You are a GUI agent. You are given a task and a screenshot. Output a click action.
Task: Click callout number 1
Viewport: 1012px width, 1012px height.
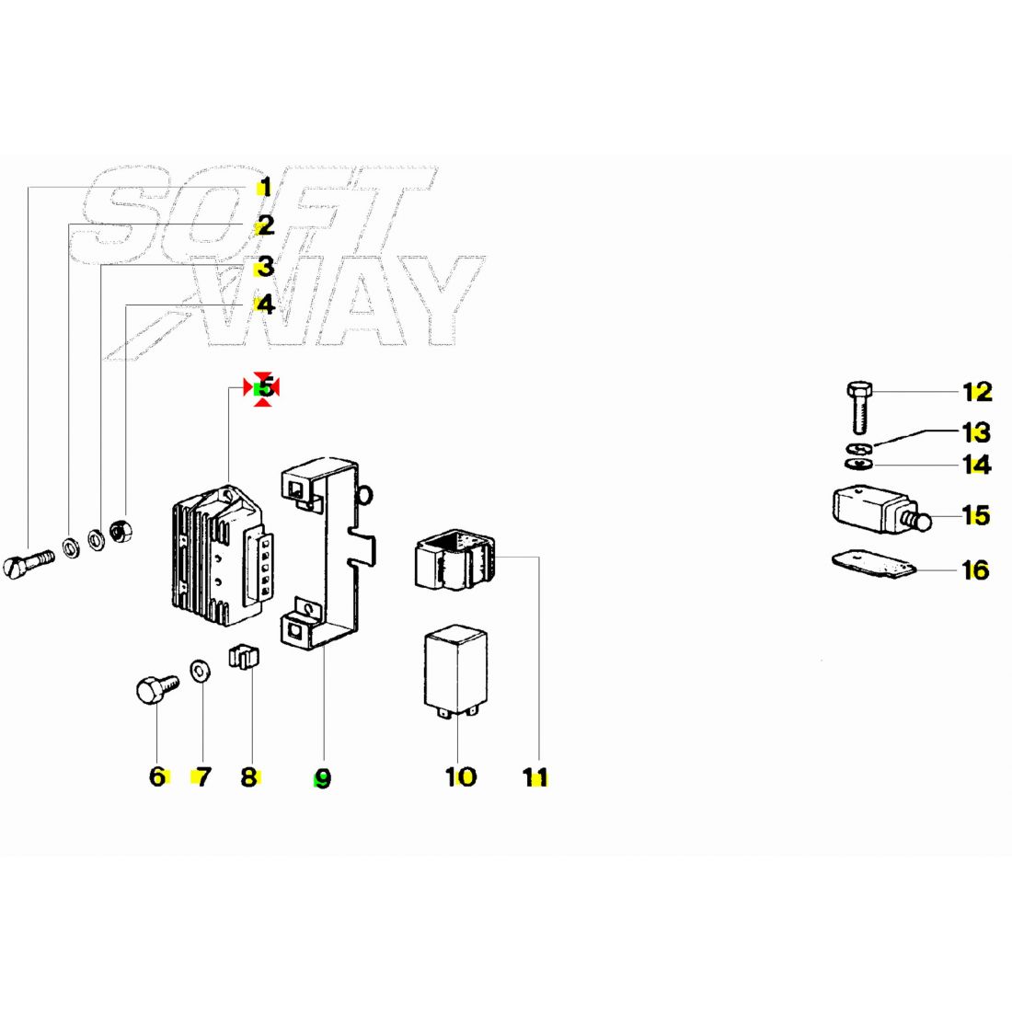(x=265, y=189)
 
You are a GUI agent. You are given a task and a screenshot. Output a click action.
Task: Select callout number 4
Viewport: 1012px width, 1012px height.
(x=265, y=305)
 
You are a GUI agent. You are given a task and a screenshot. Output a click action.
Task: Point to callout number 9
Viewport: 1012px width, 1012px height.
(x=322, y=778)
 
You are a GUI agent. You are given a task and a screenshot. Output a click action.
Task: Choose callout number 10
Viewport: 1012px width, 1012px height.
(x=461, y=776)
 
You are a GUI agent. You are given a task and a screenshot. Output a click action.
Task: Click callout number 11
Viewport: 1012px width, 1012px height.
(x=535, y=777)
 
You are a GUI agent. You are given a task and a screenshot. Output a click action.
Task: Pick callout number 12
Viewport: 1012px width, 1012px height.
(x=977, y=392)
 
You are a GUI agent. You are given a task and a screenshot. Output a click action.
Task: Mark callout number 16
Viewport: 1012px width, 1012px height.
(x=976, y=570)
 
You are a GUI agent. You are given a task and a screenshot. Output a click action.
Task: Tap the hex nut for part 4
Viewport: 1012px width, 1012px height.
(x=121, y=531)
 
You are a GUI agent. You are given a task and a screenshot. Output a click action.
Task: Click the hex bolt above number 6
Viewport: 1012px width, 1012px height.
(x=157, y=689)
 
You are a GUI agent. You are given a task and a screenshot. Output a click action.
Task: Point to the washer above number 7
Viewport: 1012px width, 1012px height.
(x=200, y=671)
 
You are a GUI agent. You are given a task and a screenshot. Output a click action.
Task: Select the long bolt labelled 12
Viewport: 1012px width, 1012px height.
(x=859, y=408)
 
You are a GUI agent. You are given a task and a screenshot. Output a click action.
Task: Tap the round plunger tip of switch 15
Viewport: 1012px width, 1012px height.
(x=925, y=522)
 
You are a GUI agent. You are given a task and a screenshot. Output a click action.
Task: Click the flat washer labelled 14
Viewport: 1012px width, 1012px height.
(x=859, y=464)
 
